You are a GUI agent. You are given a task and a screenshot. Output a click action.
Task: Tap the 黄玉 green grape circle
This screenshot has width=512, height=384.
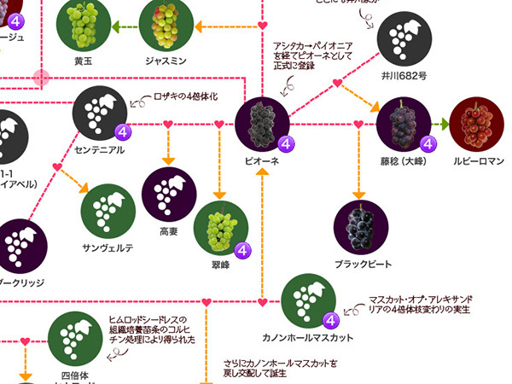(84, 26)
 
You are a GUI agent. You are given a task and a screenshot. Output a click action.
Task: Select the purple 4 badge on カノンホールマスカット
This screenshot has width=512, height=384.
(329, 321)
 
